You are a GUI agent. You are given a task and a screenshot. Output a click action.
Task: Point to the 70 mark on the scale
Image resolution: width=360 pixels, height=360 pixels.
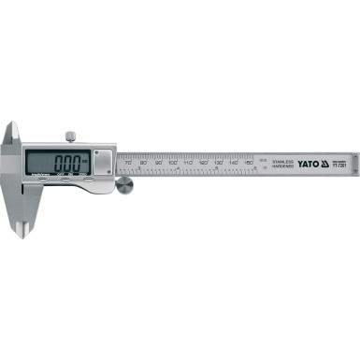(x=128, y=162)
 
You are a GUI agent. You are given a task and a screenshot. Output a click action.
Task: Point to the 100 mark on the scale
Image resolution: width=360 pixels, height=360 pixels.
(x=173, y=162)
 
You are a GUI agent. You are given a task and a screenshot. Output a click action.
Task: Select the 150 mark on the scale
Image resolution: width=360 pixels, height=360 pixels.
(x=249, y=162)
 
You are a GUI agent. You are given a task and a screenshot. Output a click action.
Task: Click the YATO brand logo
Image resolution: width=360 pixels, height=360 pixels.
(x=309, y=162)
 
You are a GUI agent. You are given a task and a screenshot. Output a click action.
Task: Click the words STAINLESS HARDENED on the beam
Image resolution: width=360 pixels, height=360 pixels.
(x=281, y=163)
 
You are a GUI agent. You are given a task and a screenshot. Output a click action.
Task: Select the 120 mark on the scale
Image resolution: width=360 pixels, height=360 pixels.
(x=204, y=162)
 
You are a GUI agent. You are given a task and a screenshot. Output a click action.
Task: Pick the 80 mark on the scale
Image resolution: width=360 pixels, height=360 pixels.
(x=143, y=162)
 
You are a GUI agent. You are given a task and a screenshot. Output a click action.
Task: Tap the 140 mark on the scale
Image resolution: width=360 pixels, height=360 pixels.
(x=234, y=162)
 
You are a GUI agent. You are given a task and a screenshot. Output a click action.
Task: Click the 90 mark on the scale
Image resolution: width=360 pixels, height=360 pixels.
(x=158, y=162)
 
